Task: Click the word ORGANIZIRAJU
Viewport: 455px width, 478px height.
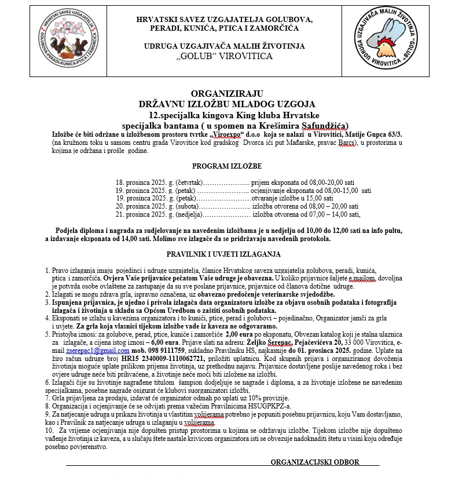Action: (x=227, y=93)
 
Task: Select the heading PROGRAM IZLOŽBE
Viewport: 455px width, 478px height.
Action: (x=227, y=166)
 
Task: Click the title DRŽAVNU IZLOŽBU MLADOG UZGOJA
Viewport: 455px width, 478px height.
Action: (x=227, y=104)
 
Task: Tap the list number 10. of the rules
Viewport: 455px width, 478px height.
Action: (x=50, y=432)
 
